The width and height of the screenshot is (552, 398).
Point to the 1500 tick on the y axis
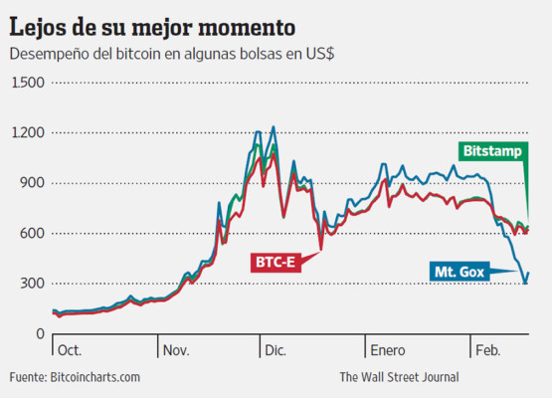pos(27,83)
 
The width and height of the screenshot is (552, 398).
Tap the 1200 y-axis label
pos(27,132)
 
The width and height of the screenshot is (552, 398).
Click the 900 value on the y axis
pos(32,183)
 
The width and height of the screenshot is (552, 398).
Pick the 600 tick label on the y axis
pos(32,233)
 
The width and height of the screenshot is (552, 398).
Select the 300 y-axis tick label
pos(32,284)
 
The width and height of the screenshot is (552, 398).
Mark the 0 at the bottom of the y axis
pos(40,333)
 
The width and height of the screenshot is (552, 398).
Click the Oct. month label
pos(71,350)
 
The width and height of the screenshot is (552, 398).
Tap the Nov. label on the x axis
pos(177,350)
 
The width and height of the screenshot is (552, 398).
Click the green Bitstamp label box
pos(492,150)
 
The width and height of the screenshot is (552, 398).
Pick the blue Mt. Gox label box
pos(460,271)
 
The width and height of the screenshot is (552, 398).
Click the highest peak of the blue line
pos(274,127)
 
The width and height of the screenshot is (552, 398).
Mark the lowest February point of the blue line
pos(525,284)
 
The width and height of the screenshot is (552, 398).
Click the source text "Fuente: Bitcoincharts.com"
pos(76,377)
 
